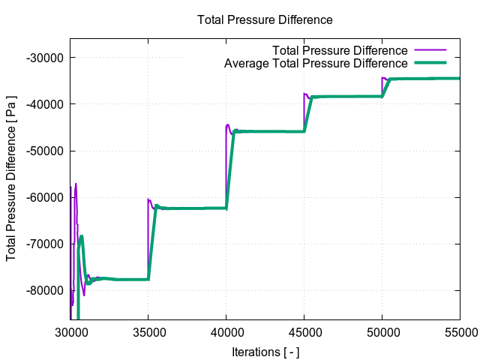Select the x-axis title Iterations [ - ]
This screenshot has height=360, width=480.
264,351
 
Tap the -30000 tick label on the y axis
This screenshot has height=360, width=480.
43,58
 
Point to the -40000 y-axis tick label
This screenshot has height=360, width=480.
43,104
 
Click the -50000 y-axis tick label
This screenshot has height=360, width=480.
43,151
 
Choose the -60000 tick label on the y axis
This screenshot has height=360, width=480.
43,197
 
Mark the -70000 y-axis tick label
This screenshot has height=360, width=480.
43,244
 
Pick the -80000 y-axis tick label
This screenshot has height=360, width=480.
43,290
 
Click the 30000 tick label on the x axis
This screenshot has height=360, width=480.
70,331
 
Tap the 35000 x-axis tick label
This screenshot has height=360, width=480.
148,331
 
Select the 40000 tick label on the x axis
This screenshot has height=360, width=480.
226,331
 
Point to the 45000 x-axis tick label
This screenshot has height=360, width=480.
304,331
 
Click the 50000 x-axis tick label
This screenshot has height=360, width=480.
382,331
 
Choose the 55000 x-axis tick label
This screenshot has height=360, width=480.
459,331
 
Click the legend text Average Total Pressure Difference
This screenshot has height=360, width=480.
316,64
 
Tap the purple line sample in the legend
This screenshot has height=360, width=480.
430,50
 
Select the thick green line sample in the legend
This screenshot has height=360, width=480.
430,64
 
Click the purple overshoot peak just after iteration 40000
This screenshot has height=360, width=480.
228,124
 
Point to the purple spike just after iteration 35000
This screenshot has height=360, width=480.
148,199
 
